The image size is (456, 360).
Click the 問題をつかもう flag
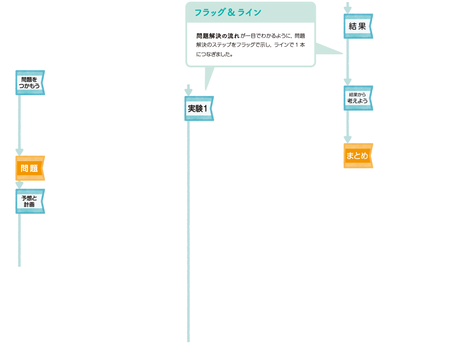pos(30,83)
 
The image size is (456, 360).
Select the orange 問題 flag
pos(30,168)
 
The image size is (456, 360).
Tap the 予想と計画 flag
pos(30,201)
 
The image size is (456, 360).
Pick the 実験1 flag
pos(198,109)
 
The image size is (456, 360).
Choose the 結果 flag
pos(358,26)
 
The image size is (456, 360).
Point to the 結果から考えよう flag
pos(358,98)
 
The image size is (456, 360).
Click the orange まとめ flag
pos(358,156)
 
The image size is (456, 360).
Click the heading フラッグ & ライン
pos(228,13)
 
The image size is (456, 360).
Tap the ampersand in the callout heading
pos(231,13)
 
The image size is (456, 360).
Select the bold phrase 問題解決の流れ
pos(218,35)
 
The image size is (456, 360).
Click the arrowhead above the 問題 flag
pos(19,152)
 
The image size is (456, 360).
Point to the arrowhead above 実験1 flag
pos(189,92)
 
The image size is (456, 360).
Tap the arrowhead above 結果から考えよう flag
pos(347,82)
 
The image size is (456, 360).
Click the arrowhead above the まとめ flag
pos(347,140)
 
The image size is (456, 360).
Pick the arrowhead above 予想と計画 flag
pos(19,184)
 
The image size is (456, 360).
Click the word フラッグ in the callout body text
pos(252,45)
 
